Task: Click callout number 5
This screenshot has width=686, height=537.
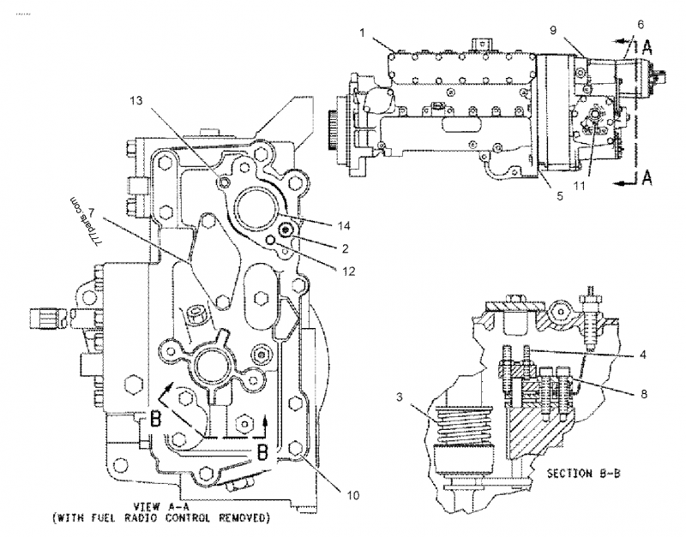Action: (558, 194)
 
